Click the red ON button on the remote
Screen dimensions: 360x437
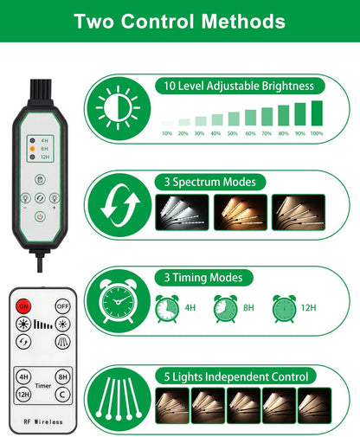[x=23, y=306]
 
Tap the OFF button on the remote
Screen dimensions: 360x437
[x=62, y=306]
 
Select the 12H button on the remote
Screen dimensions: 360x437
[x=23, y=395]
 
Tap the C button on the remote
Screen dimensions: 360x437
[x=62, y=395]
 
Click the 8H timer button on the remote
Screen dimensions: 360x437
[x=62, y=376]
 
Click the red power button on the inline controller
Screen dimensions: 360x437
[x=40, y=216]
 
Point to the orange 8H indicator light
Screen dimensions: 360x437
[x=33, y=149]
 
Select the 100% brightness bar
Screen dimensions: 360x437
[x=317, y=113]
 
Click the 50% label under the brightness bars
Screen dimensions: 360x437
[x=233, y=133]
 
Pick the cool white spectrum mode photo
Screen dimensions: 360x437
[x=182, y=212]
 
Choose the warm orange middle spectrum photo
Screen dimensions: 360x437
[x=241, y=212]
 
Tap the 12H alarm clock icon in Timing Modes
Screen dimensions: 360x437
[x=284, y=309]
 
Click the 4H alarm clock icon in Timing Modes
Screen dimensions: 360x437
[x=167, y=309]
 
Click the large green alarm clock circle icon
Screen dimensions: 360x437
[x=119, y=301]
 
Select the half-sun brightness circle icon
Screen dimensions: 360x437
[x=119, y=108]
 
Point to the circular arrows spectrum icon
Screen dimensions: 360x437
[x=119, y=205]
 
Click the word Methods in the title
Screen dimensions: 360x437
[x=243, y=22]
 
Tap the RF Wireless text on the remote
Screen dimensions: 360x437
[x=43, y=421]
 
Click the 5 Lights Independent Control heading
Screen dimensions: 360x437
[x=235, y=376]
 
